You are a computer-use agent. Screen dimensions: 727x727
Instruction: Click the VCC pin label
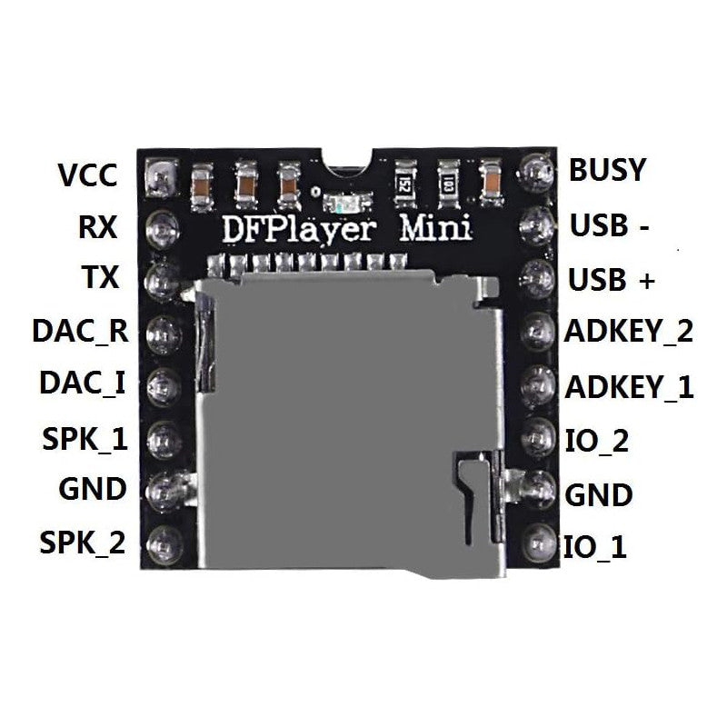(87, 174)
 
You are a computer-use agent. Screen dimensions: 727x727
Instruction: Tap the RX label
(97, 226)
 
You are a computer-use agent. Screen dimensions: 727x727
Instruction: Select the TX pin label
(100, 277)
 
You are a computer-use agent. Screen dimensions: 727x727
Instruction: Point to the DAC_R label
(79, 332)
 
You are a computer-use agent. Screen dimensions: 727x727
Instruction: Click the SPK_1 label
(84, 439)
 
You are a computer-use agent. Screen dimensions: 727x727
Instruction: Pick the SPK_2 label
(82, 543)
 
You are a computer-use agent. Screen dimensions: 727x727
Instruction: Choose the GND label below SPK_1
(92, 489)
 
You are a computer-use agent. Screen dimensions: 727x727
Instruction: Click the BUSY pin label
(607, 170)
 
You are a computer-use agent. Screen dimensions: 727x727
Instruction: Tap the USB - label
(609, 224)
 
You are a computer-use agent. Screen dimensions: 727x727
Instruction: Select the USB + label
(611, 280)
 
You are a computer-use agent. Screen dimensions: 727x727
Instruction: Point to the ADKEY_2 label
(629, 331)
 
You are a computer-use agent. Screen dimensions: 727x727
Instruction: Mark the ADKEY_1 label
(629, 388)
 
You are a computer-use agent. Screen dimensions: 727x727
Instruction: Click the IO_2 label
(596, 443)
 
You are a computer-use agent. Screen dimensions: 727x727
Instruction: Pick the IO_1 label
(595, 548)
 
